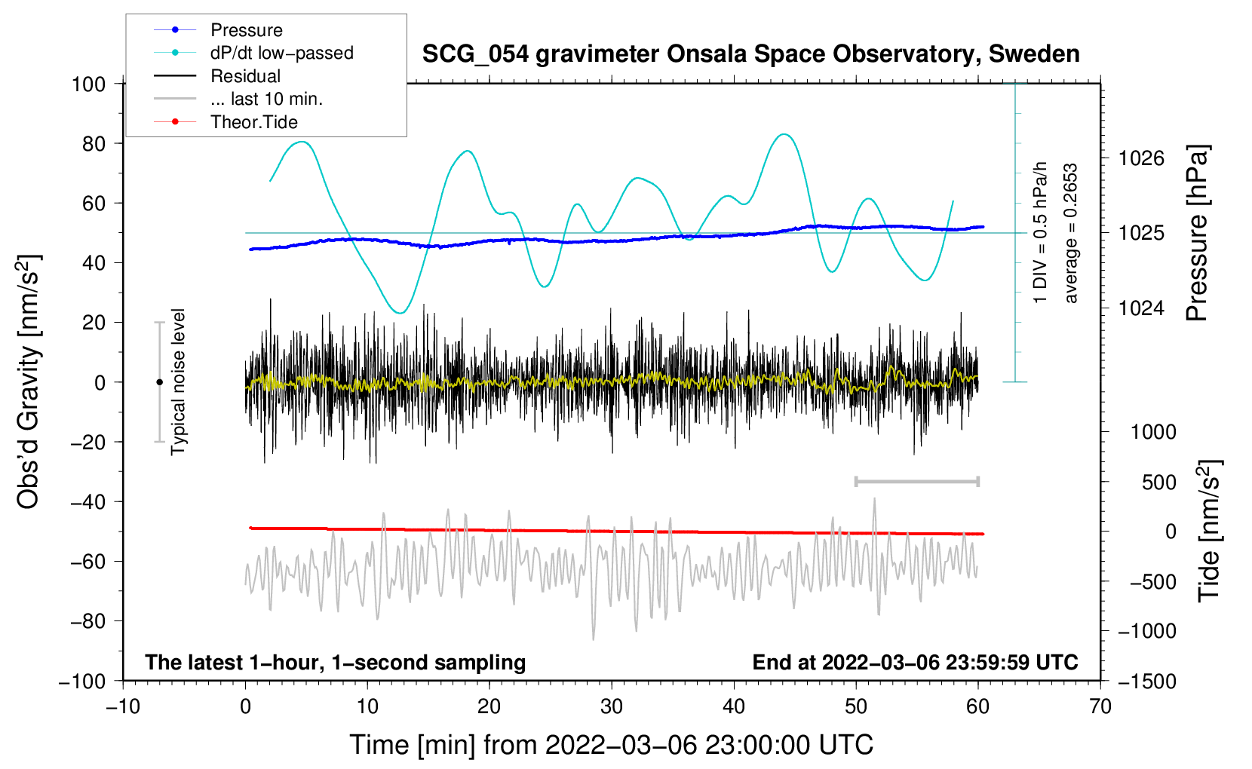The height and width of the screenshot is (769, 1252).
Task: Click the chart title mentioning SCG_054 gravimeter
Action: (750, 54)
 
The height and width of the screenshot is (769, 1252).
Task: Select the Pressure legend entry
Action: (219, 30)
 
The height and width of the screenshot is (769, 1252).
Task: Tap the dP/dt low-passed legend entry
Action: (253, 53)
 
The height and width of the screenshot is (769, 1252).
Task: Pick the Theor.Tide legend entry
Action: (226, 122)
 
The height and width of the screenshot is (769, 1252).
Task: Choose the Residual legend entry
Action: (217, 76)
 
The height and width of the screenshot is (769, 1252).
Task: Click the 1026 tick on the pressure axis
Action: (1141, 159)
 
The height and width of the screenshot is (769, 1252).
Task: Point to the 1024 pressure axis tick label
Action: (1141, 308)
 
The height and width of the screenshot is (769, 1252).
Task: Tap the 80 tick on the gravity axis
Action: (94, 144)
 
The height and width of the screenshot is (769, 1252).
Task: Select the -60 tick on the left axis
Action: (87, 562)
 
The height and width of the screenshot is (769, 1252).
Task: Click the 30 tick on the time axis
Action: (612, 707)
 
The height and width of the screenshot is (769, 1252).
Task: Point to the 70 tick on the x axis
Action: (1100, 707)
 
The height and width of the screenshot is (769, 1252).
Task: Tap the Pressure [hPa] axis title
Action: (1197, 233)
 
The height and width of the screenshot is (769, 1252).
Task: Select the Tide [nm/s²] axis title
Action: (1209, 531)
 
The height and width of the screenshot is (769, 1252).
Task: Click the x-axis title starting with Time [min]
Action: (612, 745)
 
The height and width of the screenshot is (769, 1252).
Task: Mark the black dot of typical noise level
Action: (159, 382)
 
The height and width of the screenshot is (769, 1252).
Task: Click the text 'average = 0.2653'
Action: (1069, 233)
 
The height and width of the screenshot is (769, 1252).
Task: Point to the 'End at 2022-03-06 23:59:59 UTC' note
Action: (915, 662)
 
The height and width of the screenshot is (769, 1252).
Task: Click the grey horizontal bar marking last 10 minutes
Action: (916, 481)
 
